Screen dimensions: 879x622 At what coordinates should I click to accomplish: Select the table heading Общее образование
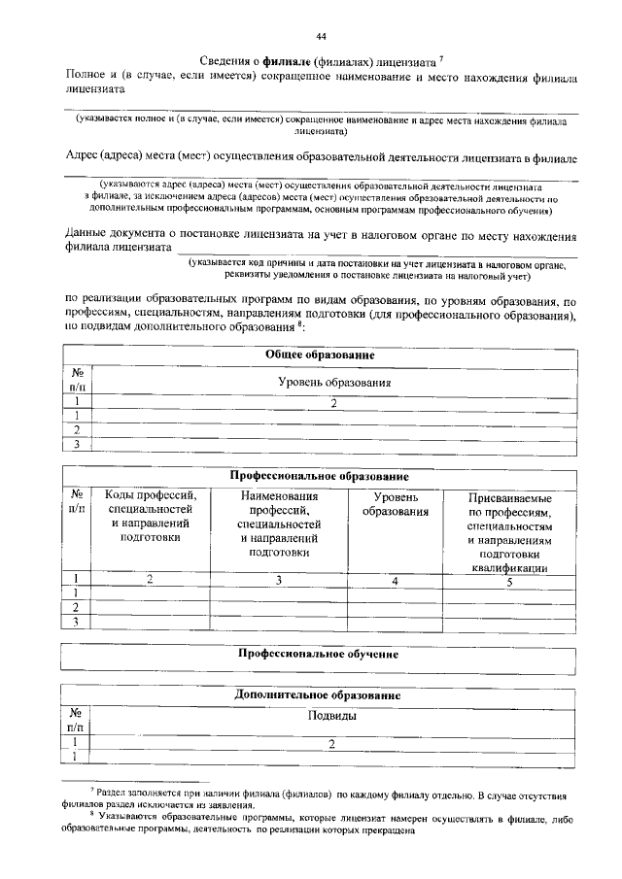coord(320,355)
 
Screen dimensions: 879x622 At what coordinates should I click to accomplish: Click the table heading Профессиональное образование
coord(320,477)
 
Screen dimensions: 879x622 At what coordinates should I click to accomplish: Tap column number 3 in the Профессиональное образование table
coord(279,580)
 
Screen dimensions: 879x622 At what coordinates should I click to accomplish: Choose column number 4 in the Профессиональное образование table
coord(395,580)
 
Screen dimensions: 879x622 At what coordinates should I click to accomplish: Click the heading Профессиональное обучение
coord(320,655)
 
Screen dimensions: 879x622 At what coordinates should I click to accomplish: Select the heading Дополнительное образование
coord(320,696)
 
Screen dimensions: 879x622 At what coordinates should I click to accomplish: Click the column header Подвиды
coord(332,717)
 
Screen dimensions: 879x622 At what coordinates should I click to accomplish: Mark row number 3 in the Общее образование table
coord(76,445)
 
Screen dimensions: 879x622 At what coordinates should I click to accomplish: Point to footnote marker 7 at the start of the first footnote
coord(91,794)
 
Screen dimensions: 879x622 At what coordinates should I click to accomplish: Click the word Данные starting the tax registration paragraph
coord(86,235)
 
